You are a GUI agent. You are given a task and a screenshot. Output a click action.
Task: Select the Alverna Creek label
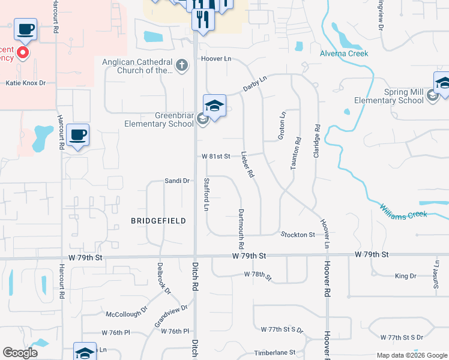(x=343, y=53)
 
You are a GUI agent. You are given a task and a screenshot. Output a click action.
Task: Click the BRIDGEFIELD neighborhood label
(x=158, y=221)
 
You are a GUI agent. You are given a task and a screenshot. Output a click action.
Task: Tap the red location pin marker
(x=23, y=53)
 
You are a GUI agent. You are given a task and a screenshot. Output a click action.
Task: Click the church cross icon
(x=182, y=64)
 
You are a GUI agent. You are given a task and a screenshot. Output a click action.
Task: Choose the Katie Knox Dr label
(x=26, y=83)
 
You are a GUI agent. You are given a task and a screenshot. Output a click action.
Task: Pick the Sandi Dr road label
(x=177, y=181)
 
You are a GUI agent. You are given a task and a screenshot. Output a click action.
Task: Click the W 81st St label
(x=216, y=157)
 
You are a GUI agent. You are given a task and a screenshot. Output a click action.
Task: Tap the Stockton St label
(x=297, y=235)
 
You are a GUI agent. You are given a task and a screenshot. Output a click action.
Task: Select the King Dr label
(x=405, y=276)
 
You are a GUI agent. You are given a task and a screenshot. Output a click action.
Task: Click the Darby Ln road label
(x=255, y=83)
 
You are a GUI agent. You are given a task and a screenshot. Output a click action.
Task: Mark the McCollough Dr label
(x=127, y=313)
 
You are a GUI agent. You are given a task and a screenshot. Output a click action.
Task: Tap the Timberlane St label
(x=275, y=353)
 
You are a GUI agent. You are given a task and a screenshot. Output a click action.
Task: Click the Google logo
(x=20, y=353)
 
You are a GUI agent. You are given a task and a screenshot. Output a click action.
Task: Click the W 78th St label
(x=258, y=275)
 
